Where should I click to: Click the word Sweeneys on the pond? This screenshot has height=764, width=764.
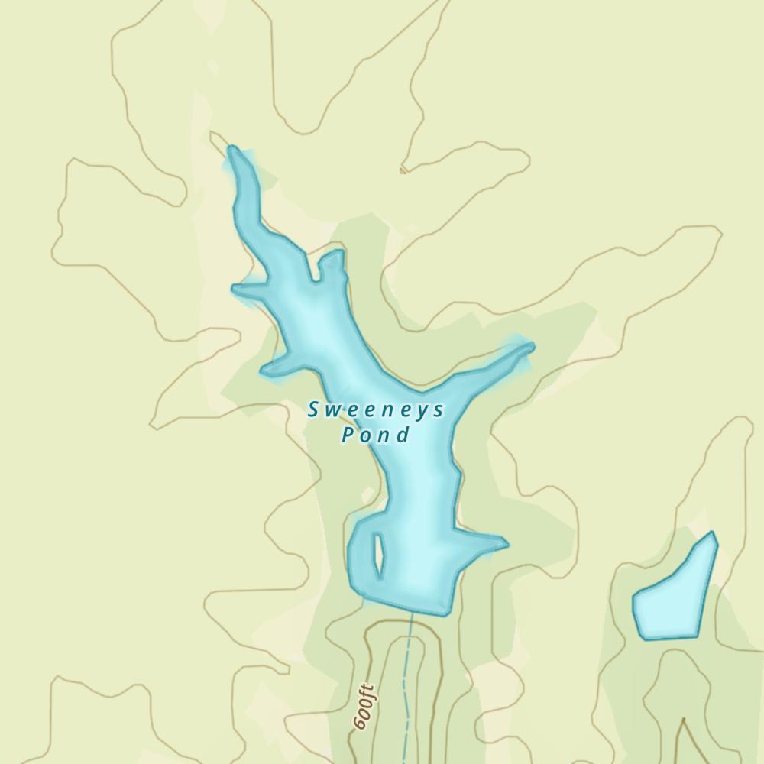tap(375, 410)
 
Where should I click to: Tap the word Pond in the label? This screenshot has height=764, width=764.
tap(375, 435)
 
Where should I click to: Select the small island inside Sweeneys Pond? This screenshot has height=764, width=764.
tap(377, 555)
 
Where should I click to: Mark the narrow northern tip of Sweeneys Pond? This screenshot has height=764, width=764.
tap(232, 151)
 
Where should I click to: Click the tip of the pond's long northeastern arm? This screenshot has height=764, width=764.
tap(530, 347)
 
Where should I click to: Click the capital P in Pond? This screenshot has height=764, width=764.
tap(348, 435)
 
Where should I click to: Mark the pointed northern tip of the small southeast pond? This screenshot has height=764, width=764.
tap(713, 533)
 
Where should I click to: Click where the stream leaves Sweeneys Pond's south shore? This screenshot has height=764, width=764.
tap(412, 611)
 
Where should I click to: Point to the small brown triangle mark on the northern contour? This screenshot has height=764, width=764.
tap(403, 170)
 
